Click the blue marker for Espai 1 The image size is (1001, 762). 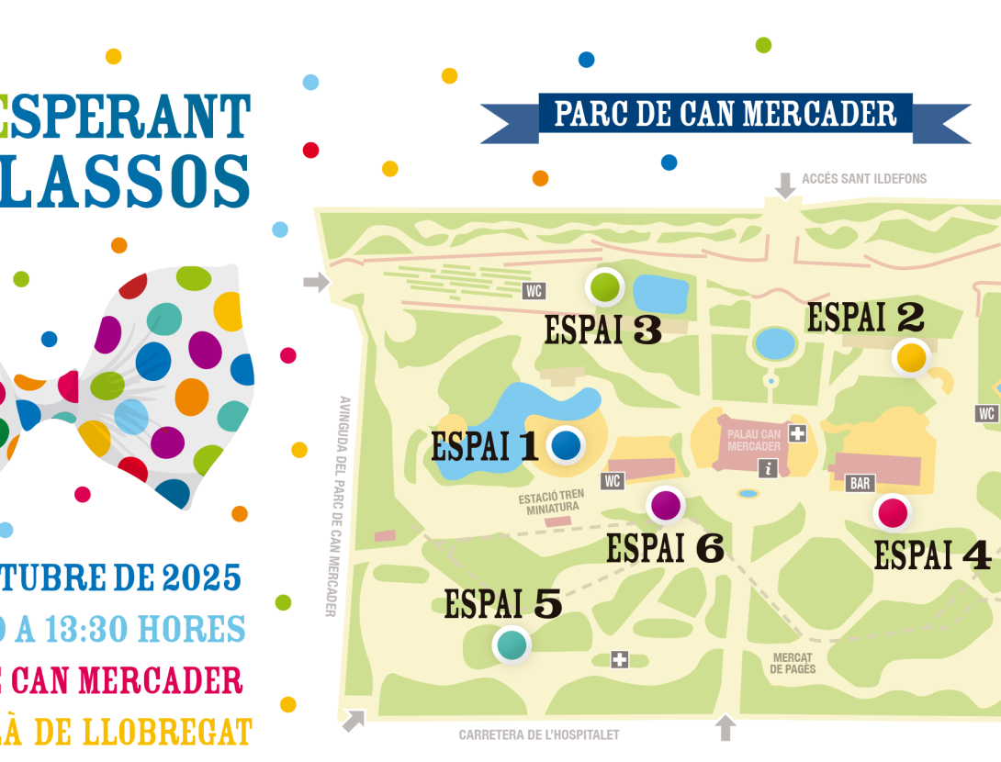(567, 445)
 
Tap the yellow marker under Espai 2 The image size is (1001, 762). (911, 357)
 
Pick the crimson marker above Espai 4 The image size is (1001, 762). (893, 512)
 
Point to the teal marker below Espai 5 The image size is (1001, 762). (512, 644)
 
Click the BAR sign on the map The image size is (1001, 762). (860, 484)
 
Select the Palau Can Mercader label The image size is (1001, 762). (754, 440)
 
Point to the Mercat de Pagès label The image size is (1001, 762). (793, 663)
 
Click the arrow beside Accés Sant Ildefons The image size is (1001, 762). (785, 185)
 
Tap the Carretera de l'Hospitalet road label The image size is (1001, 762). (539, 734)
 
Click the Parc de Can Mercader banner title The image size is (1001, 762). (725, 114)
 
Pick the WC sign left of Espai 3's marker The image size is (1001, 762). (534, 291)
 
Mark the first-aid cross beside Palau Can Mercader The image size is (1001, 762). (797, 433)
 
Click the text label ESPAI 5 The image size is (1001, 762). (502, 604)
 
